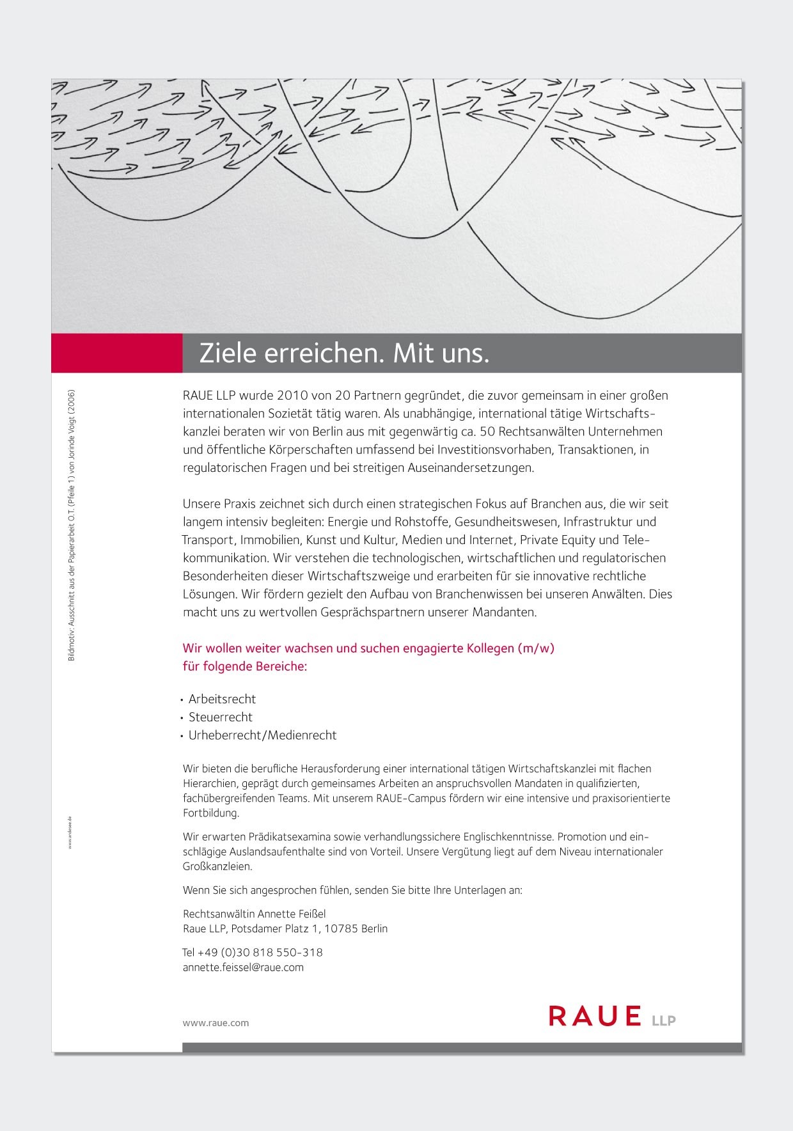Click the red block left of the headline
click(116, 353)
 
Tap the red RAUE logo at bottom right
click(595, 1016)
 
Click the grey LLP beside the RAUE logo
click(663, 1021)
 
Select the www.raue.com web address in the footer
click(216, 1023)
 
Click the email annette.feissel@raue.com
click(243, 967)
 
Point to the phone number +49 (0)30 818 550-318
click(260, 952)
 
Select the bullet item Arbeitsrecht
click(222, 699)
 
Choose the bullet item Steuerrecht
click(220, 717)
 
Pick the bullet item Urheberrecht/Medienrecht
click(262, 735)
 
